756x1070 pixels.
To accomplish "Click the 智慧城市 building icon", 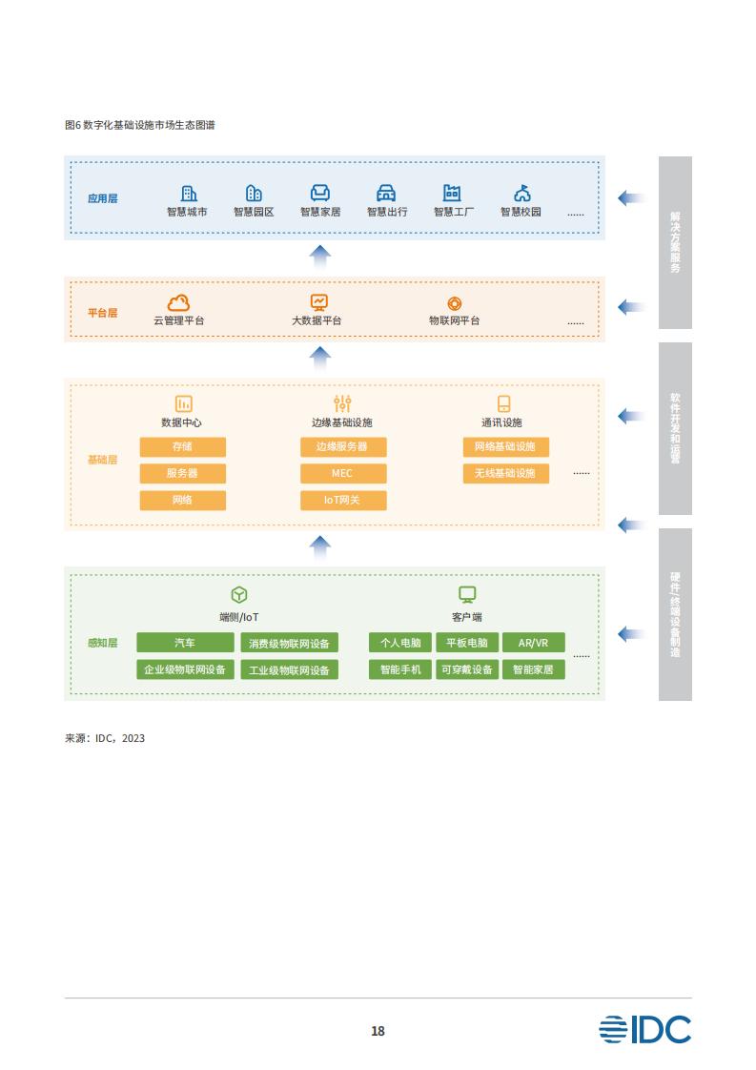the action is tap(189, 194).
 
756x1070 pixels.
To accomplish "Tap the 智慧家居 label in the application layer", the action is tap(320, 213).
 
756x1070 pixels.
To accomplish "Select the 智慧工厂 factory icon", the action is tap(452, 194).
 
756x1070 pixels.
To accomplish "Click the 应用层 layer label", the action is tap(102, 198).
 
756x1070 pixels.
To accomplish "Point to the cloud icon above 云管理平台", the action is tap(179, 302).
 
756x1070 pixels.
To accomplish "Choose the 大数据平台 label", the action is tap(317, 320).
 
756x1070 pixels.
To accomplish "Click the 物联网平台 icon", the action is tap(455, 303).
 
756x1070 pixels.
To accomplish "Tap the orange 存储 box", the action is tap(183, 447).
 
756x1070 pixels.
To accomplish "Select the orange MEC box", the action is tap(343, 474).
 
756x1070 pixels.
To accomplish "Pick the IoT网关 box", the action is tap(343, 501).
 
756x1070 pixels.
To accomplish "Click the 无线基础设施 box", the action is tap(505, 474).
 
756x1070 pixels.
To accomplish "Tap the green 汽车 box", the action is tap(185, 643).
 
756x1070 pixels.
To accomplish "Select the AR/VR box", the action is tap(534, 643).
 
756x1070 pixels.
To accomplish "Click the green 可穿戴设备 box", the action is tap(467, 669).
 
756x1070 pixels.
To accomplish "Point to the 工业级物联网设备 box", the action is tap(289, 669).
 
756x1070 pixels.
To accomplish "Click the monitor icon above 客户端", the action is tap(467, 594).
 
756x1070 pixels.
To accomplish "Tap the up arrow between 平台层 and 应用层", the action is tap(320, 257).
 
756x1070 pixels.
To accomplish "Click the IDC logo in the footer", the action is tap(644, 1029).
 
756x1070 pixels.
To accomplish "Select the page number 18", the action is tap(378, 1031).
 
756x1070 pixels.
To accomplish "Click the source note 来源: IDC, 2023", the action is tap(105, 738).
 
